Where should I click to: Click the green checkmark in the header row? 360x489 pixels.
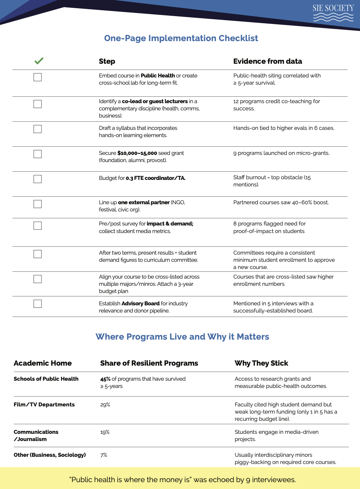[39, 61]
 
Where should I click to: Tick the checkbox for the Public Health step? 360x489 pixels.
[38, 77]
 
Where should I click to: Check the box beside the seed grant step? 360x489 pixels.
[38, 154]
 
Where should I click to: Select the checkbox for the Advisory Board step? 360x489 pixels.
[38, 304]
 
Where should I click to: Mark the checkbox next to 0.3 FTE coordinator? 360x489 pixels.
[38, 179]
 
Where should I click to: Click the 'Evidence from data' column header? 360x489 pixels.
[267, 61]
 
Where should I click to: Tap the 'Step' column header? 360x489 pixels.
[107, 61]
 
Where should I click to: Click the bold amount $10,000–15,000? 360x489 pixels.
[137, 153]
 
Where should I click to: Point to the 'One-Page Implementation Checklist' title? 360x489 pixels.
[181, 38]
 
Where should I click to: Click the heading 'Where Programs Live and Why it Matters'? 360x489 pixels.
[182, 337]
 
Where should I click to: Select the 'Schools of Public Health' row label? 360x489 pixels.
[46, 379]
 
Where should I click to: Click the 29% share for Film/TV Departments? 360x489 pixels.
[105, 405]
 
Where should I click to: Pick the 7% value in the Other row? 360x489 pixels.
[104, 455]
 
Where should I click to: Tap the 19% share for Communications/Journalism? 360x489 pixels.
[105, 432]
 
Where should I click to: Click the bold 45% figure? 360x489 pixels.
[105, 379]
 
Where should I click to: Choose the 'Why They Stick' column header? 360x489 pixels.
[261, 363]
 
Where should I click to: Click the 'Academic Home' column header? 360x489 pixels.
[43, 363]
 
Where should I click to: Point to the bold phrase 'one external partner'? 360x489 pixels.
[144, 203]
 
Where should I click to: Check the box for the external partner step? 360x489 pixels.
[38, 204]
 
